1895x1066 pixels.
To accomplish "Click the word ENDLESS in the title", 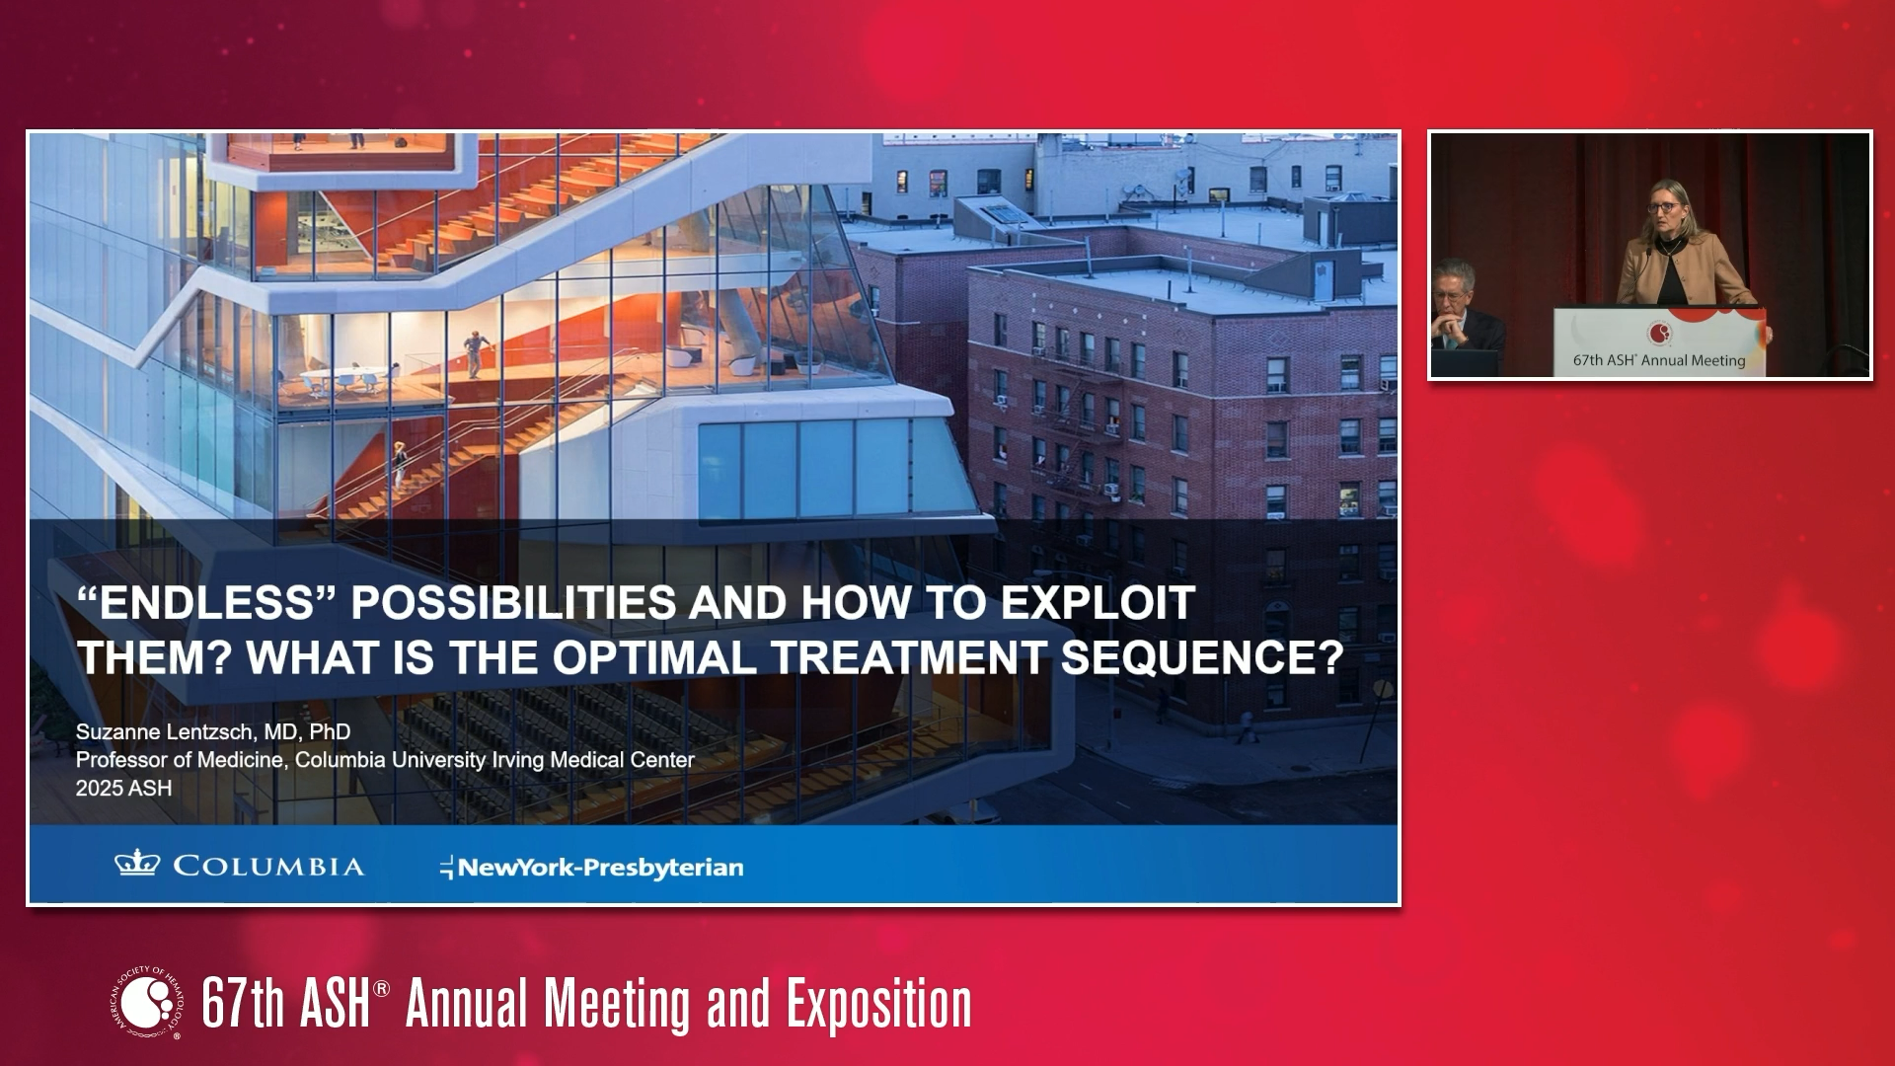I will coord(207,603).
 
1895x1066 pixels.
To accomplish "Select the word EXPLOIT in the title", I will coord(1098,603).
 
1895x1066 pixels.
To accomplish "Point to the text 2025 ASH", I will coord(123,789).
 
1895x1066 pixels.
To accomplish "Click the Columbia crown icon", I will coord(137,865).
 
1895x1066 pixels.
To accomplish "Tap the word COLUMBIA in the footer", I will coord(268,867).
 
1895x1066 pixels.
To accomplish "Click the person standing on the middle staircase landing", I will coord(476,354).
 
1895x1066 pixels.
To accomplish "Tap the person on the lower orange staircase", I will coord(400,464).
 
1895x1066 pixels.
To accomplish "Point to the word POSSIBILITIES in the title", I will coord(513,603).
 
